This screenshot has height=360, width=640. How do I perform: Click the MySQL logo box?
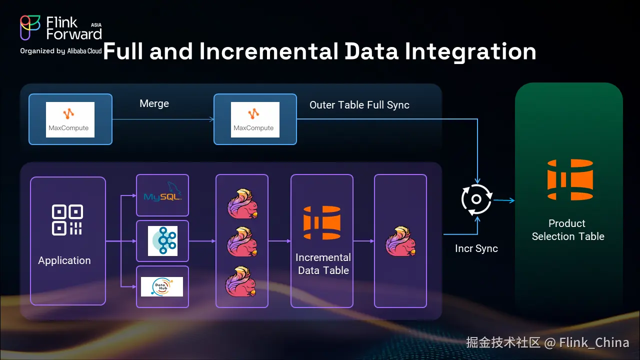[162, 195]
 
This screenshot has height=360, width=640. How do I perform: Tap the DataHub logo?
[162, 286]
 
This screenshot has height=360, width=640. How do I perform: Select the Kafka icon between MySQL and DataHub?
[162, 241]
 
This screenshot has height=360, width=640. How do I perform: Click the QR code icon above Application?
[67, 219]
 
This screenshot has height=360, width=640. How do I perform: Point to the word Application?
[64, 260]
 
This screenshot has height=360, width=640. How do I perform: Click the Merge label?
[154, 103]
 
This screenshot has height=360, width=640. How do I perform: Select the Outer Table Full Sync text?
[359, 105]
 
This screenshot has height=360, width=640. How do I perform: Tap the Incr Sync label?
[476, 248]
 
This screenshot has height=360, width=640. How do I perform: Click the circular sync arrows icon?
[476, 199]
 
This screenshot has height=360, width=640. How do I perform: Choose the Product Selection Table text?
[567, 230]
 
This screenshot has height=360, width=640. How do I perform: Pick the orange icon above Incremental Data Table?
[322, 222]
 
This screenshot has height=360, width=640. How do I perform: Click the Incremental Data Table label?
[323, 264]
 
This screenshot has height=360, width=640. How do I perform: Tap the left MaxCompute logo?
[70, 119]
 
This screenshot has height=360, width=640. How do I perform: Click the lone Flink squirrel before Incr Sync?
[400, 241]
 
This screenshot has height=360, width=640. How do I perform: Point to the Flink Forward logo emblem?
[30, 27]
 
